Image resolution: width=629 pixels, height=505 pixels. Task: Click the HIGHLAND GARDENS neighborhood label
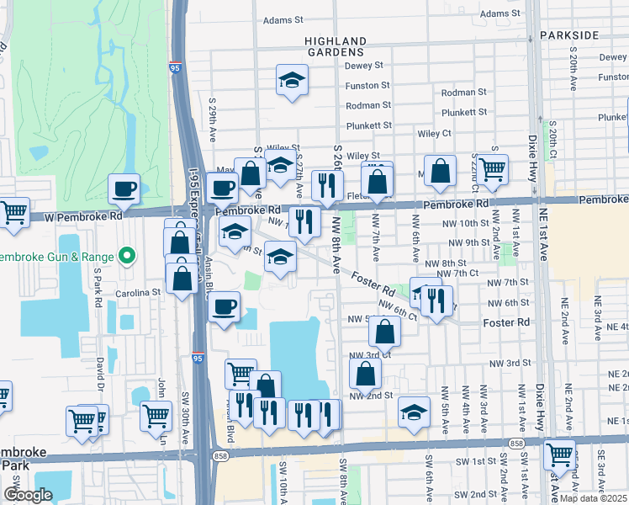pyautogui.click(x=336, y=46)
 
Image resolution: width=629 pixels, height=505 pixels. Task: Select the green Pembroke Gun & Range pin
pyautogui.click(x=127, y=254)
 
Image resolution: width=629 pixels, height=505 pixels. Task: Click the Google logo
pyautogui.click(x=28, y=495)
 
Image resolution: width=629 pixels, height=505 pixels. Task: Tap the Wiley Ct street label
pyautogui.click(x=434, y=133)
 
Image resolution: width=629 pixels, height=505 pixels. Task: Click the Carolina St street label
pyautogui.click(x=137, y=292)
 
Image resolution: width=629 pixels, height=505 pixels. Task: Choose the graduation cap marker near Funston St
pyautogui.click(x=292, y=80)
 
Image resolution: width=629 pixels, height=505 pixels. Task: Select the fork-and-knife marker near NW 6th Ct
pyautogui.click(x=435, y=300)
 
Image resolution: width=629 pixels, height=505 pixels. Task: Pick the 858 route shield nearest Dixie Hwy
pyautogui.click(x=515, y=443)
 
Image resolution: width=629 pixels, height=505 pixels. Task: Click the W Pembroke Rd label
pyautogui.click(x=82, y=215)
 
